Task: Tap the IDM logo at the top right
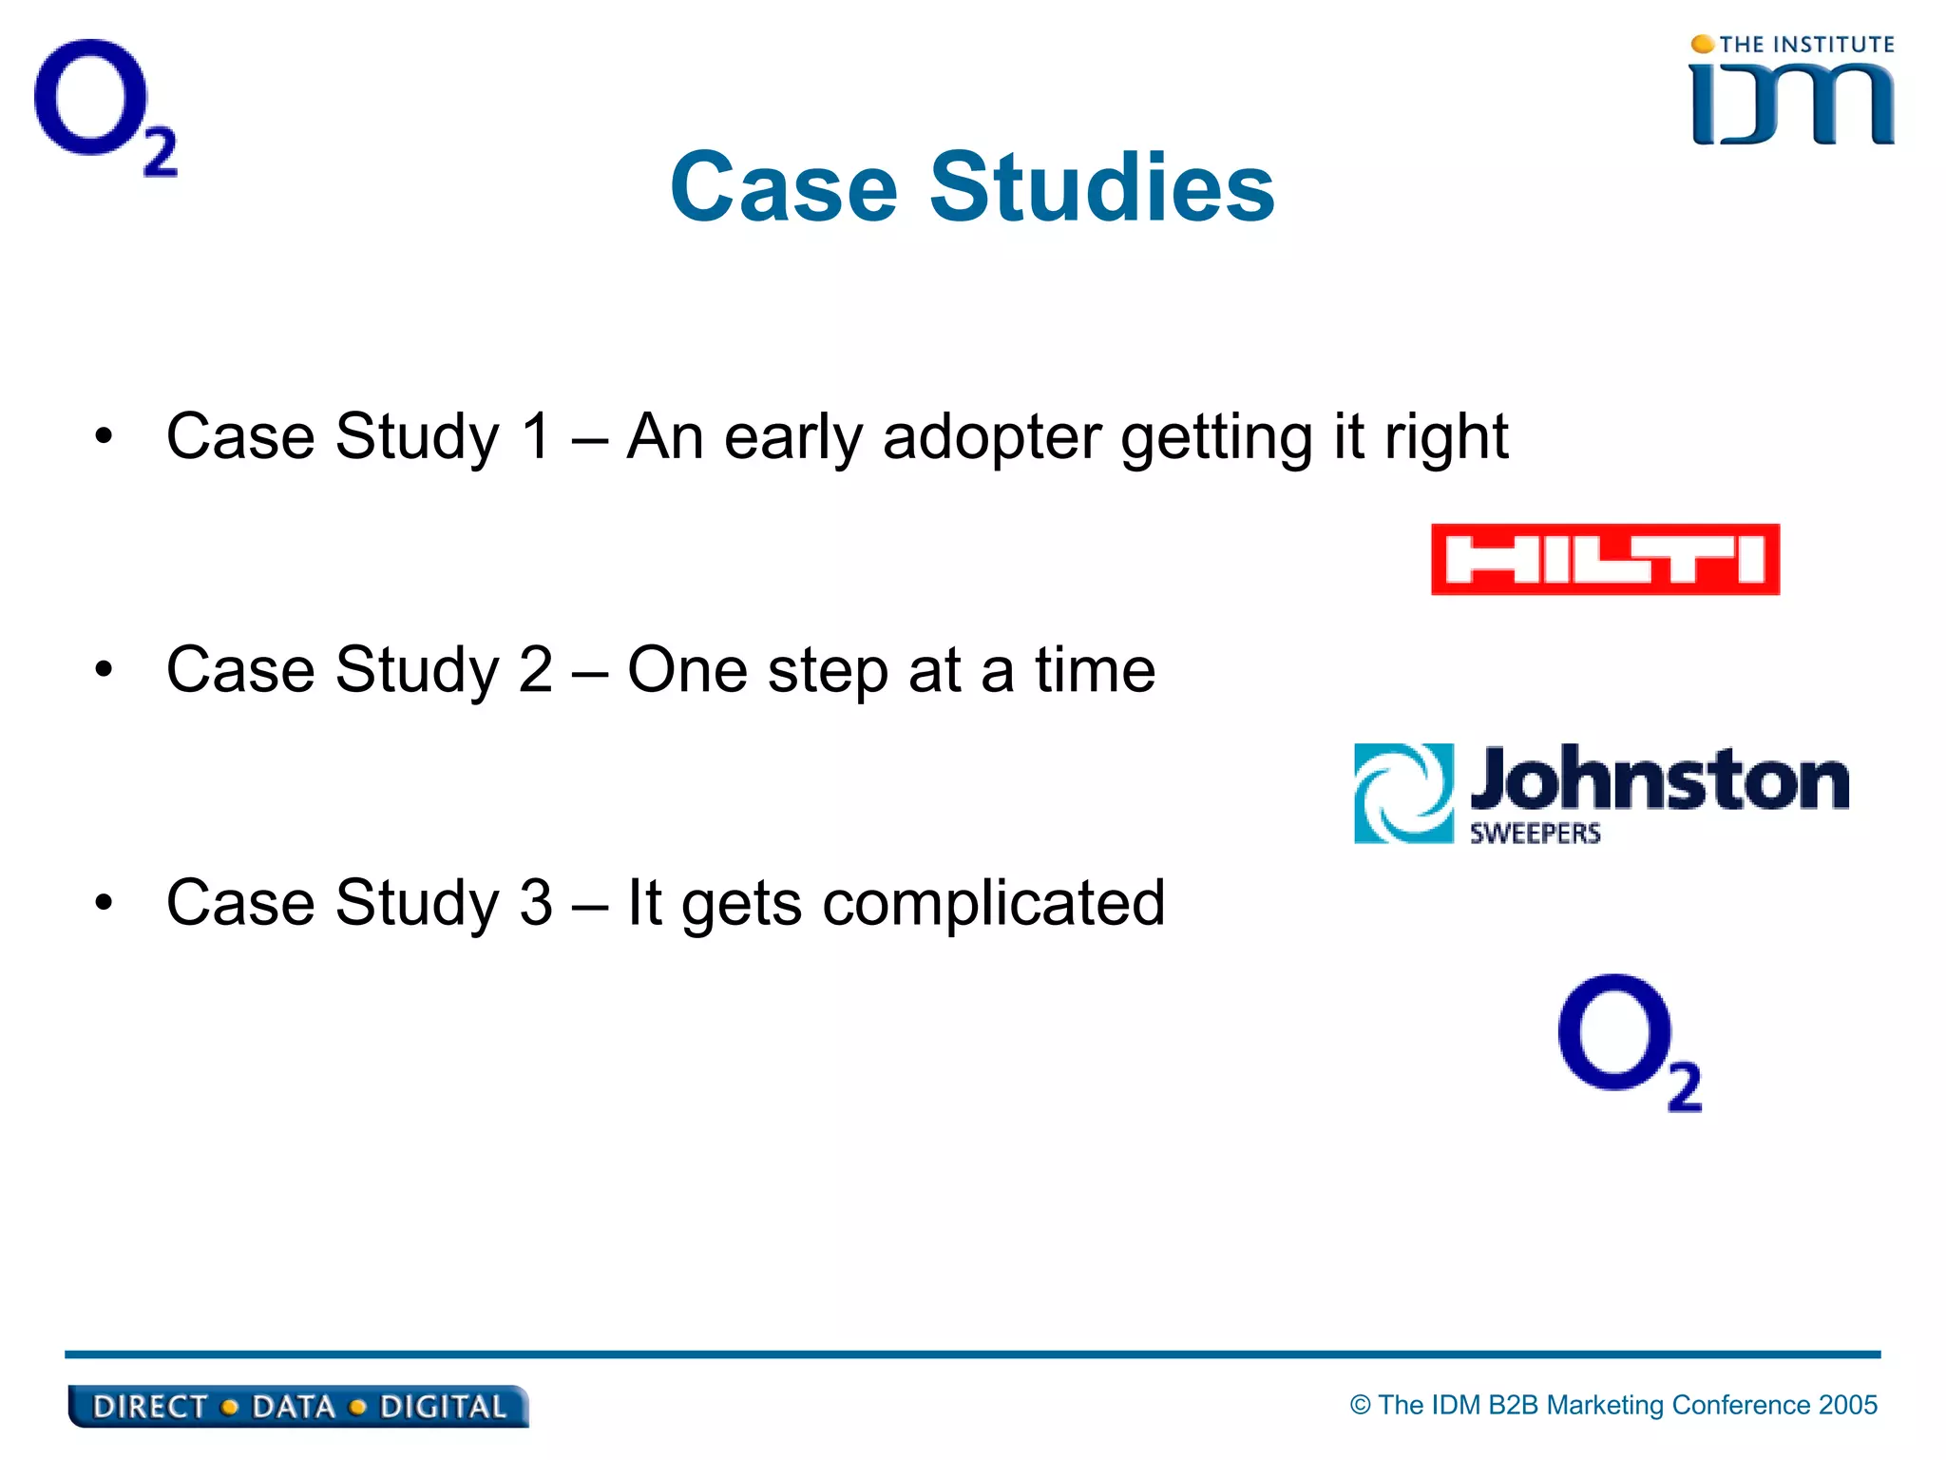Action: point(1792,103)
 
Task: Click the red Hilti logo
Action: point(1605,560)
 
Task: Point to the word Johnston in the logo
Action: point(1659,779)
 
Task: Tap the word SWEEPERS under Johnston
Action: point(1535,834)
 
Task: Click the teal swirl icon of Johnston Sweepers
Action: point(1403,793)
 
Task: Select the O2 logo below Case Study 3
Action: point(1628,1041)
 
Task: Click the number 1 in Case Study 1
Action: point(537,436)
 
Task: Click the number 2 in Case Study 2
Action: point(536,669)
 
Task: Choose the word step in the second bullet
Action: point(828,671)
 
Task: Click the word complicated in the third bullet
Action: point(993,903)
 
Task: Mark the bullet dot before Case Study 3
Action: point(104,903)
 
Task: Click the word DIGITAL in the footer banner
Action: point(443,1407)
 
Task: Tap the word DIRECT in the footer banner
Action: point(150,1407)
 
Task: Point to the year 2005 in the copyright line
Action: point(1847,1405)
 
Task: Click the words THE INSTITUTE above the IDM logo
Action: point(1805,45)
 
